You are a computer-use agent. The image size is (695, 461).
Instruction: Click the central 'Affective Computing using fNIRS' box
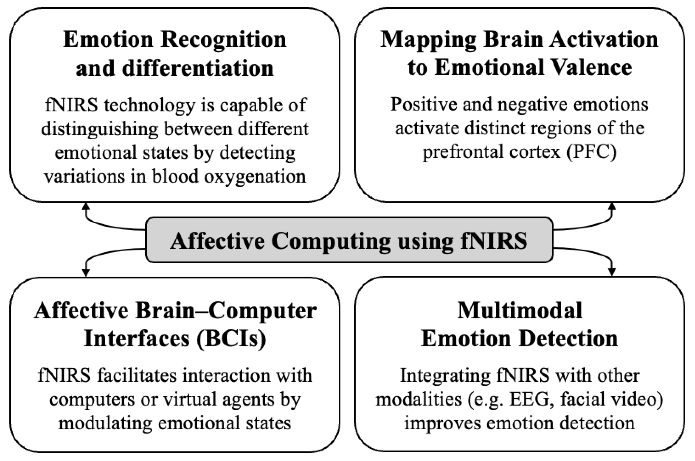pos(349,240)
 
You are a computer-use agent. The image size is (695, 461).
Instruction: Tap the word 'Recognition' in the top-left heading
pos(224,39)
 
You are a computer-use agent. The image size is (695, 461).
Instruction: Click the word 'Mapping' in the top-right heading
pos(428,39)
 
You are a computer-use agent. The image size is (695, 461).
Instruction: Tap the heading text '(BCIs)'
pos(232,339)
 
